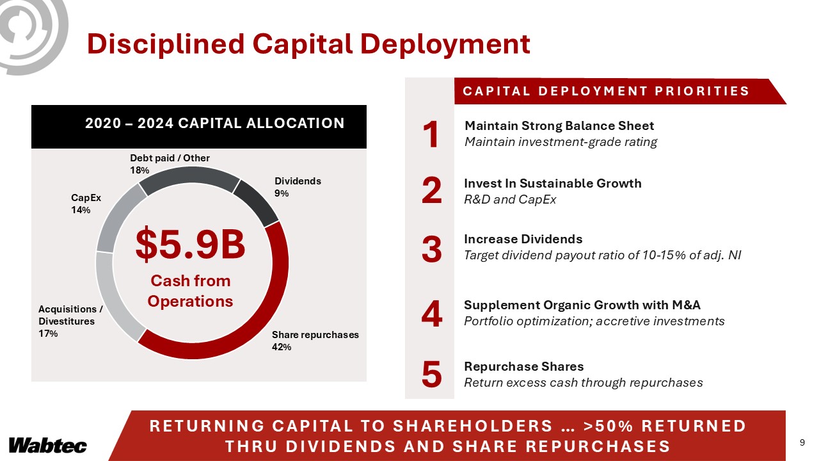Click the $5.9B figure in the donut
pyautogui.click(x=190, y=246)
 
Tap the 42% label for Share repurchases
pyautogui.click(x=282, y=347)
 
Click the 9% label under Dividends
pyautogui.click(x=282, y=193)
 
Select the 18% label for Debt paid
pyautogui.click(x=139, y=170)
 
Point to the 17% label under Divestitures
pyautogui.click(x=48, y=334)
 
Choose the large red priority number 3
pyautogui.click(x=432, y=250)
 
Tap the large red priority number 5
pyautogui.click(x=432, y=375)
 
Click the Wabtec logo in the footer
pyautogui.click(x=47, y=445)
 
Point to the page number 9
pyautogui.click(x=802, y=442)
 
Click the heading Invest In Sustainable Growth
pyautogui.click(x=552, y=183)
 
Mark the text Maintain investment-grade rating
pyautogui.click(x=561, y=142)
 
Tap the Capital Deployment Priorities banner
pyautogui.click(x=605, y=91)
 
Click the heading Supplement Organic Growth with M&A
pyautogui.click(x=587, y=305)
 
